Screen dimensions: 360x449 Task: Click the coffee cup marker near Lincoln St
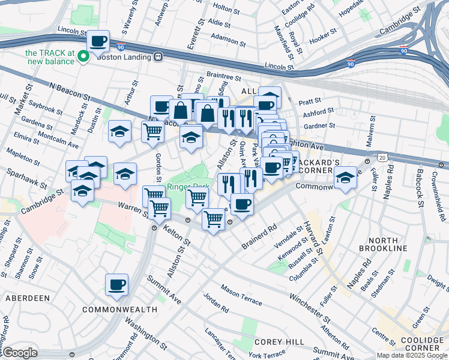98,41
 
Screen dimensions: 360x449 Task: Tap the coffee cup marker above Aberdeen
116,284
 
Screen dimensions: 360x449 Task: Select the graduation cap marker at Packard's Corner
345,178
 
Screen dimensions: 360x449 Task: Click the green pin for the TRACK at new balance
84,56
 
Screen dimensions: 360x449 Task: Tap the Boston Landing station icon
158,56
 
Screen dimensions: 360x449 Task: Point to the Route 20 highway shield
382,157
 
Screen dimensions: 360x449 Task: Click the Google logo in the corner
19,353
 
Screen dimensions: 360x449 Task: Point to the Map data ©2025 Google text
411,355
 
